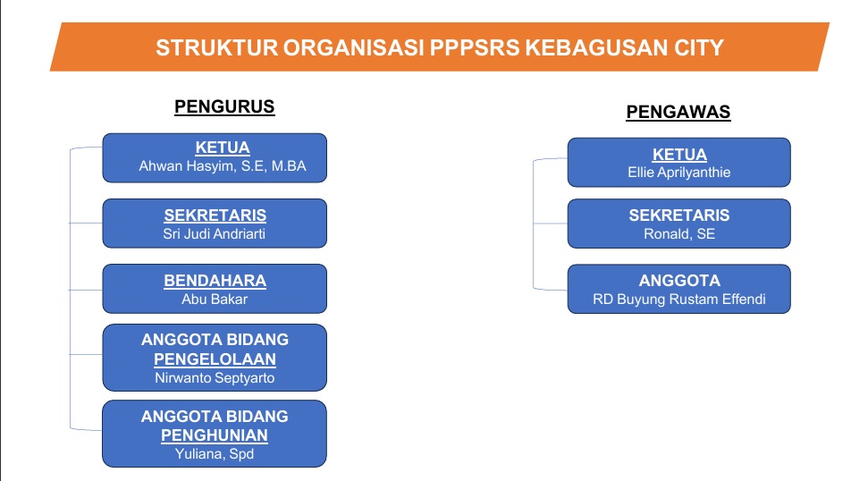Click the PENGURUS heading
tap(224, 106)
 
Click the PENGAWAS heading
tap(678, 112)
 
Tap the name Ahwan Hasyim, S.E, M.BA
tap(223, 166)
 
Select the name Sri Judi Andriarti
tap(215, 234)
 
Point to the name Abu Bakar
tap(215, 300)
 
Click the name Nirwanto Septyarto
tap(215, 378)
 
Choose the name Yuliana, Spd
tap(215, 453)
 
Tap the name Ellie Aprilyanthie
tap(678, 173)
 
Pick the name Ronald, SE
tap(679, 234)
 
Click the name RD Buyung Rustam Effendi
tap(679, 300)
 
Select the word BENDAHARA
tap(215, 281)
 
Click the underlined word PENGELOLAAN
tap(215, 359)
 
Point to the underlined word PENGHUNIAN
tap(215, 435)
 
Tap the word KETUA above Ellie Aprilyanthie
tap(679, 155)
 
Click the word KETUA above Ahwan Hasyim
tap(223, 148)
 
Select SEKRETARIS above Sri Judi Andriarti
tap(215, 215)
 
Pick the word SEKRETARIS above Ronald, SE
tap(679, 215)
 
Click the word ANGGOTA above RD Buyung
tap(679, 281)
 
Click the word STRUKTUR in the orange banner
tap(217, 47)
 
